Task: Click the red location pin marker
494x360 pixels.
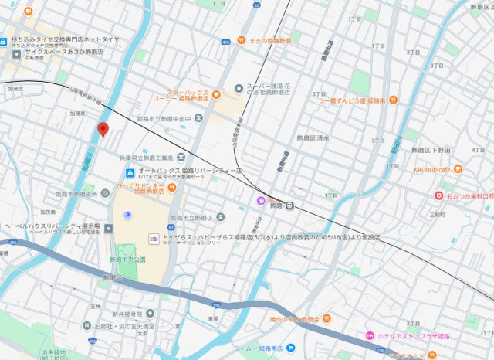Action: [103, 130]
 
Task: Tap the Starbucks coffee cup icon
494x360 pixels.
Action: [216, 95]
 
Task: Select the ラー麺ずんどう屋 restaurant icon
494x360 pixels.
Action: [393, 100]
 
